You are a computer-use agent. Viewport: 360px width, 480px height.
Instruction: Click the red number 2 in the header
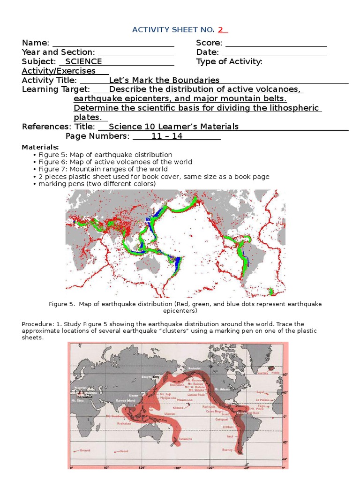coord(221,30)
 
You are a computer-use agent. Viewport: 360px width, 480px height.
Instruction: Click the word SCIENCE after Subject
coord(83,61)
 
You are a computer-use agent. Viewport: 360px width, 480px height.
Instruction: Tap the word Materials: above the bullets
coord(40,147)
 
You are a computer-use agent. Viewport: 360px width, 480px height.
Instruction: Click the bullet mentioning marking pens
coord(97,184)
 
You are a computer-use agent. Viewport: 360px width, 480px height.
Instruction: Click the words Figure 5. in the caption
coord(62,304)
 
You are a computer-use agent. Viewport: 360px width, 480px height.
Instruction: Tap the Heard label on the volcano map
coord(123,451)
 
